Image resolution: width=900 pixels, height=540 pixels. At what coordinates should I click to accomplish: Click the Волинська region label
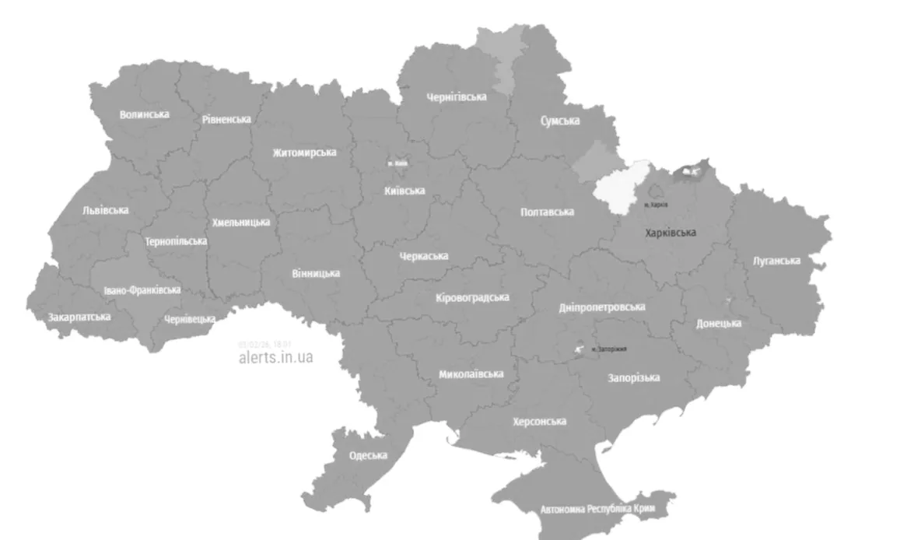(x=144, y=114)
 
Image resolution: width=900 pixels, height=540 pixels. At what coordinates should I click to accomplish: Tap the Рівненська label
(x=226, y=120)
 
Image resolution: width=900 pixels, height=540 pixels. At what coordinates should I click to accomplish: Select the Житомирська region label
(x=304, y=153)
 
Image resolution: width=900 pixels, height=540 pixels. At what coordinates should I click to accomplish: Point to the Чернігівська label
(x=457, y=97)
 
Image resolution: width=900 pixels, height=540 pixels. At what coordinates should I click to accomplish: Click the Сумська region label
(x=560, y=121)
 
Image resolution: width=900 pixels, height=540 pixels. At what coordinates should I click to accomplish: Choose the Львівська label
(x=106, y=210)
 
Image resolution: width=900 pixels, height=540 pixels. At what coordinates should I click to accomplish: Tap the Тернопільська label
(x=176, y=241)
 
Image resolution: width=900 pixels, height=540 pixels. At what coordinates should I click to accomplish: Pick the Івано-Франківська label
(x=142, y=290)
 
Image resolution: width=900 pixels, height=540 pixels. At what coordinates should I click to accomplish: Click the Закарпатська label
(x=79, y=317)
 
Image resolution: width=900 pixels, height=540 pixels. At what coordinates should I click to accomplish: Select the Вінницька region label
(x=316, y=273)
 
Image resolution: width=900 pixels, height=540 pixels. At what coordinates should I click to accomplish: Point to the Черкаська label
(x=423, y=256)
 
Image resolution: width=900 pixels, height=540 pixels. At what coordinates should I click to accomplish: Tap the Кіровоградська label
(x=472, y=298)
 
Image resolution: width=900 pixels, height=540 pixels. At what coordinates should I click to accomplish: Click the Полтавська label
(x=548, y=212)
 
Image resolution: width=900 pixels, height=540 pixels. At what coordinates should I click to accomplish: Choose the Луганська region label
(x=776, y=261)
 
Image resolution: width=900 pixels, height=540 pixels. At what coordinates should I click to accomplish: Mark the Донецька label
(x=719, y=323)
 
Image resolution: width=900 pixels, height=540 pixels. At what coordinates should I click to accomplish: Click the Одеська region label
(x=368, y=456)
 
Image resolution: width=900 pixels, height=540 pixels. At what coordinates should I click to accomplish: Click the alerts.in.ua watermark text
(x=276, y=358)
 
